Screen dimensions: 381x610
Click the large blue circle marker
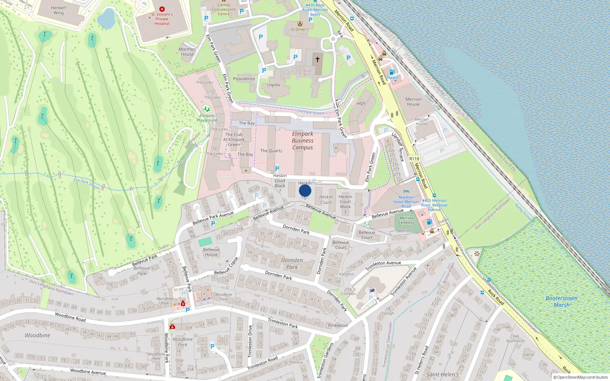(305, 190)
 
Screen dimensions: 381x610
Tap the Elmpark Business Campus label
(303, 141)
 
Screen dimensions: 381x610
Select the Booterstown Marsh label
(562, 301)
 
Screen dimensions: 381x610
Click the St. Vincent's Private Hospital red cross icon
(162, 9)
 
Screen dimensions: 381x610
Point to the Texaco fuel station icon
(392, 72)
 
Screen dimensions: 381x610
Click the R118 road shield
(414, 159)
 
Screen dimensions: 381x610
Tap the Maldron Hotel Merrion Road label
(406, 202)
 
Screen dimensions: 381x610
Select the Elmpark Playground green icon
(207, 109)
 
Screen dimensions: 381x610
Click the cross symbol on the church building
(317, 59)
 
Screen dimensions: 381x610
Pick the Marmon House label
(187, 51)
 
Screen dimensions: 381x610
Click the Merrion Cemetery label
(406, 220)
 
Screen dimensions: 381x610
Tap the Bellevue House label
(211, 252)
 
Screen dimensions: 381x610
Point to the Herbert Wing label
(59, 10)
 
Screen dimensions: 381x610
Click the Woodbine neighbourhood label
(37, 335)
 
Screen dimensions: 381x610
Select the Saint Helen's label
(443, 375)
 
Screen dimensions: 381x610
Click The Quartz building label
(271, 151)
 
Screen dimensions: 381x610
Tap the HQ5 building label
(361, 104)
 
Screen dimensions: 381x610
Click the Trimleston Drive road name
(250, 341)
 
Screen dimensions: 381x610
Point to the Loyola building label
(273, 85)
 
